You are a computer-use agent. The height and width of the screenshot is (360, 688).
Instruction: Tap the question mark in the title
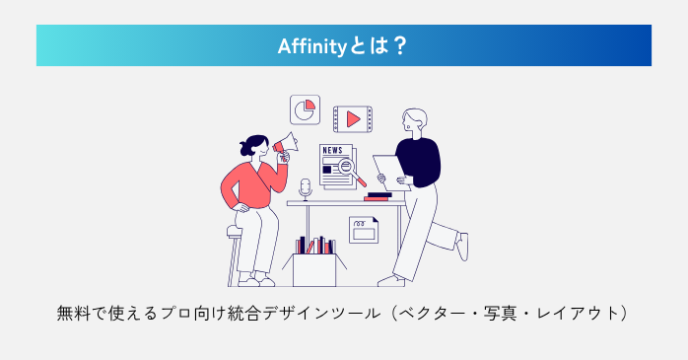click(399, 45)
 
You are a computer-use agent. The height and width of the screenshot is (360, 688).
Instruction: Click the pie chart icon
click(305, 108)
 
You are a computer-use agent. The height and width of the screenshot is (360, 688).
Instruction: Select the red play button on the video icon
click(352, 119)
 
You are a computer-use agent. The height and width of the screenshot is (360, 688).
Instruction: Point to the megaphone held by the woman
click(285, 146)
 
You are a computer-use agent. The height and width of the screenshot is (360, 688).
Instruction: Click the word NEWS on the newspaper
click(332, 151)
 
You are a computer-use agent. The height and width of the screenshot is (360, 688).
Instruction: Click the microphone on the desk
click(306, 187)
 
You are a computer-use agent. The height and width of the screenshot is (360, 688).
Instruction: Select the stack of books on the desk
click(378, 195)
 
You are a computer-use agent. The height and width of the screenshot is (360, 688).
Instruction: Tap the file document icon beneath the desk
click(364, 230)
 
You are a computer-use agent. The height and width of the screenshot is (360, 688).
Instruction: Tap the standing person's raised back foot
click(461, 246)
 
